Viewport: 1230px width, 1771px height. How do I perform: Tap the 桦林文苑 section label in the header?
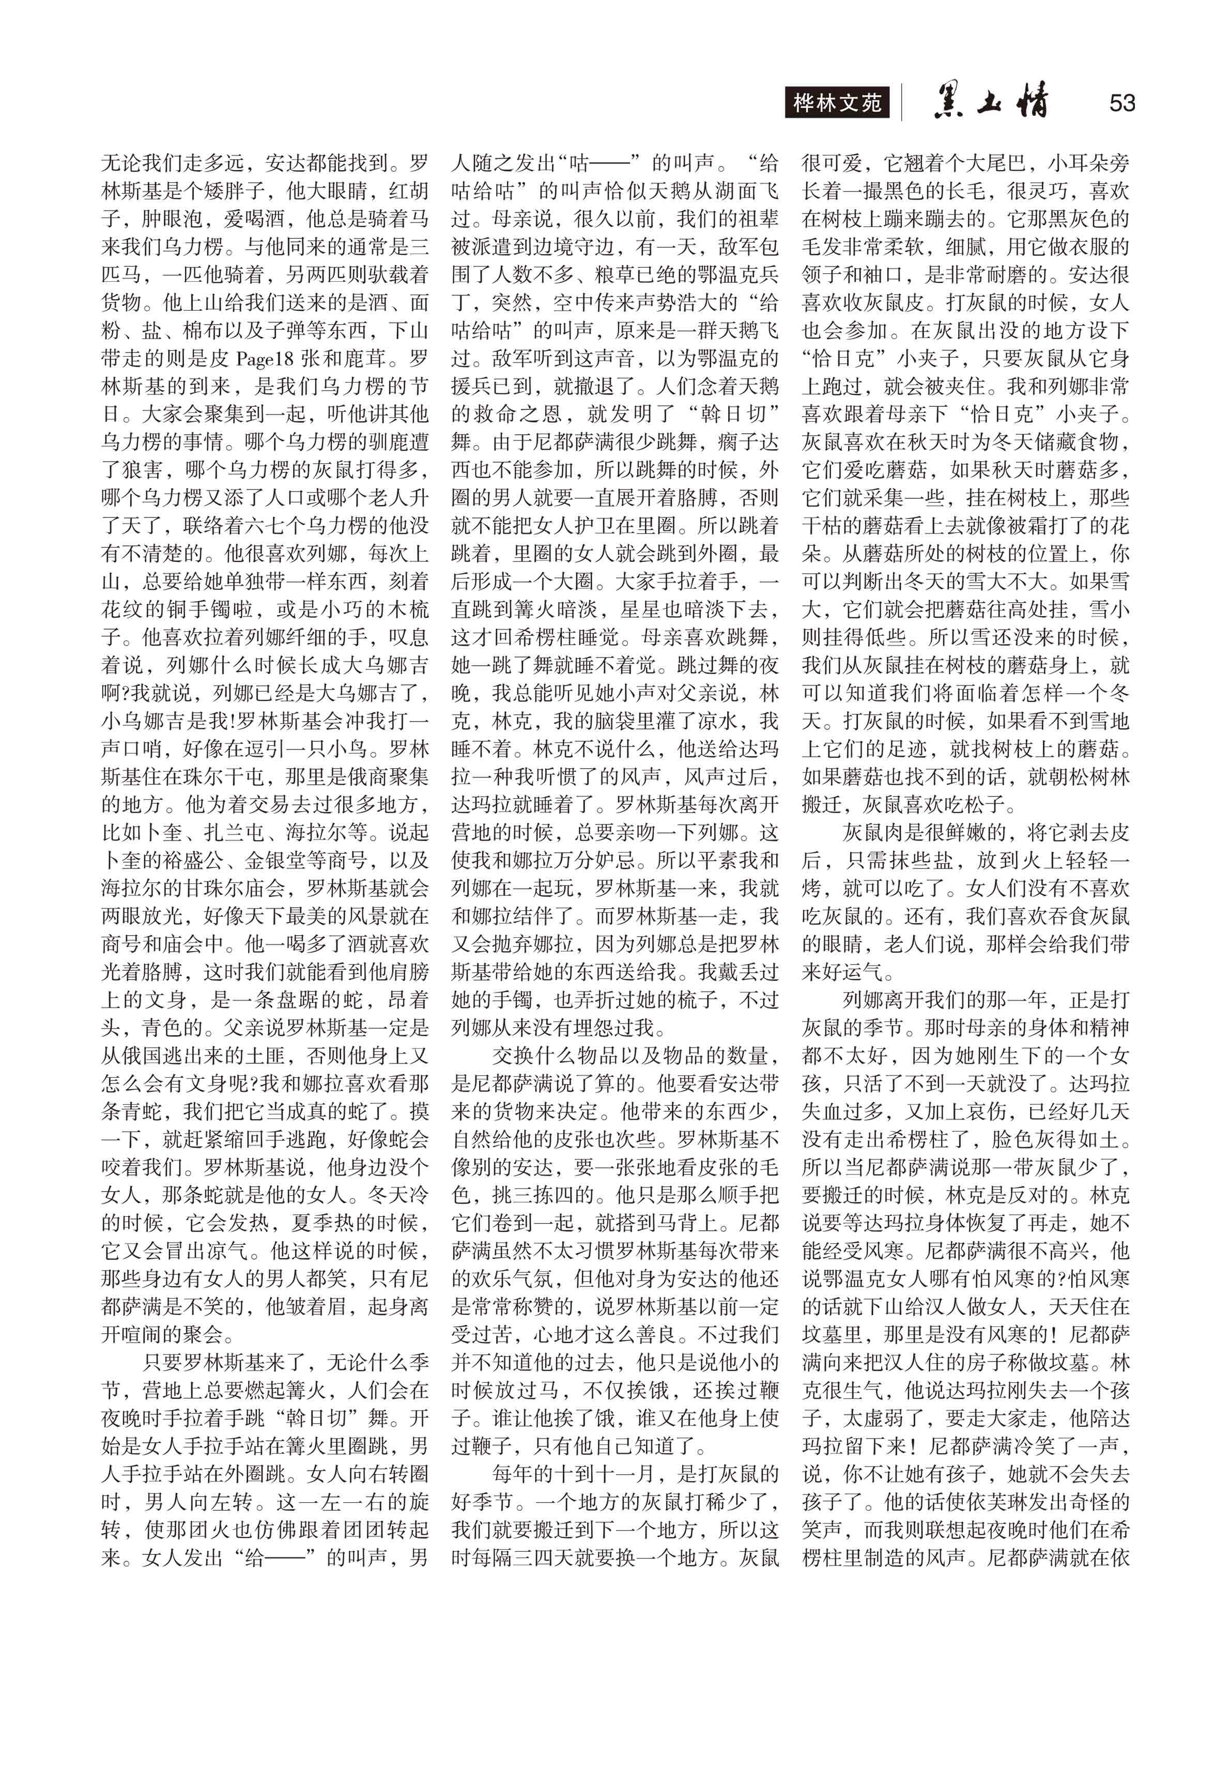coord(837,102)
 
